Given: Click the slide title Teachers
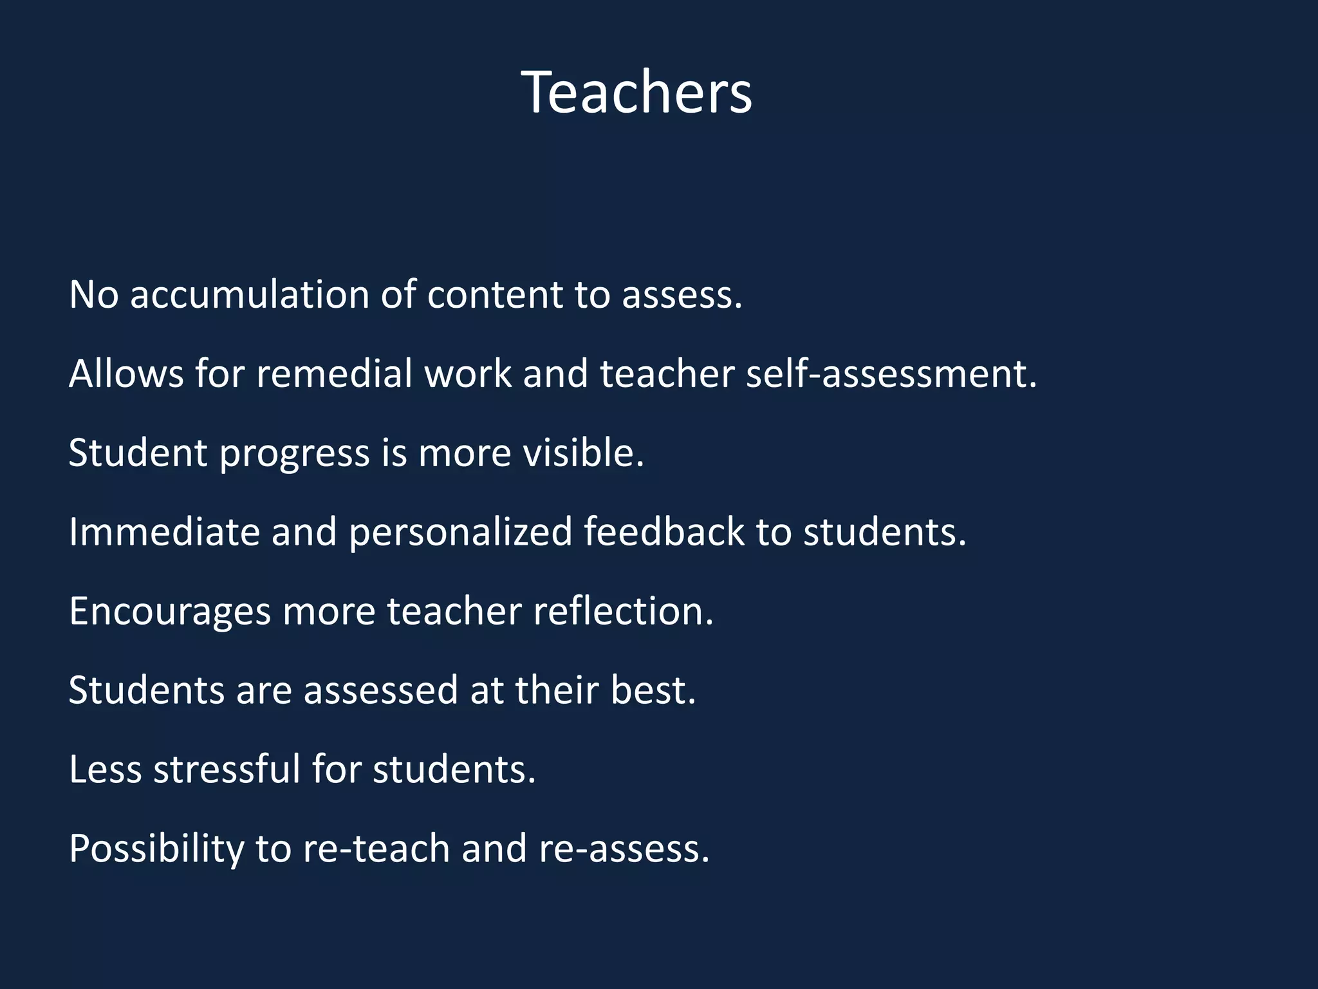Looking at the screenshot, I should coord(636,93).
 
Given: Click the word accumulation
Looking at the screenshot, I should coord(249,295).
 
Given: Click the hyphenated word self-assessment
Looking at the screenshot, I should coord(891,374).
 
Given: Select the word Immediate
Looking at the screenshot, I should coord(164,532).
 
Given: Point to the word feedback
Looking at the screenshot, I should coord(664,532).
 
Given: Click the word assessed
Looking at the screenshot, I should coord(381,691).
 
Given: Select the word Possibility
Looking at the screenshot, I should coord(156,850).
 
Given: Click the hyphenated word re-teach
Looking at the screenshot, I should coord(376,849).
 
